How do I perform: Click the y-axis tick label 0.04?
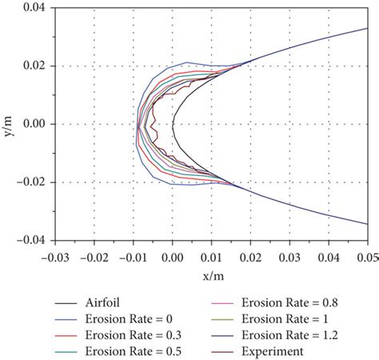[x=35, y=8]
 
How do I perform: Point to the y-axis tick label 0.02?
[x=35, y=66]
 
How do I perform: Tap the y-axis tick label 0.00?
[x=35, y=124]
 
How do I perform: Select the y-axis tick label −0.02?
[x=33, y=182]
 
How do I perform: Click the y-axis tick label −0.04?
[x=33, y=240]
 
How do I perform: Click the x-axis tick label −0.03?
[x=55, y=257]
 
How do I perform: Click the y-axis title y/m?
[x=7, y=124]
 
